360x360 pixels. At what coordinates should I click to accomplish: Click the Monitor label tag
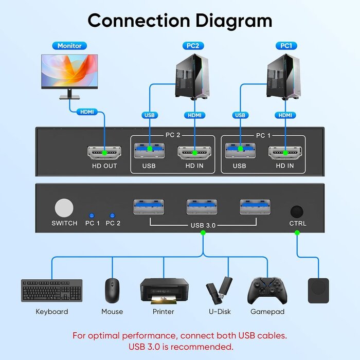click(x=69, y=46)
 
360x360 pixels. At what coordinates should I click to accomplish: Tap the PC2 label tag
click(x=193, y=46)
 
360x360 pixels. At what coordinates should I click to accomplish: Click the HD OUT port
click(x=104, y=152)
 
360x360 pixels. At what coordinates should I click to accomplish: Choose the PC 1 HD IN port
click(x=285, y=152)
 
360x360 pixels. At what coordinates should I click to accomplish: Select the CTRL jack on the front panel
click(x=297, y=211)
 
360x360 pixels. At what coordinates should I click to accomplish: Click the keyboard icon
click(x=51, y=290)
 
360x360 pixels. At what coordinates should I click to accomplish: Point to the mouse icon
click(x=112, y=290)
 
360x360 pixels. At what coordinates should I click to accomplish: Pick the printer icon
click(x=164, y=290)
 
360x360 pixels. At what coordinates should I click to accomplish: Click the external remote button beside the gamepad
click(x=318, y=291)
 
